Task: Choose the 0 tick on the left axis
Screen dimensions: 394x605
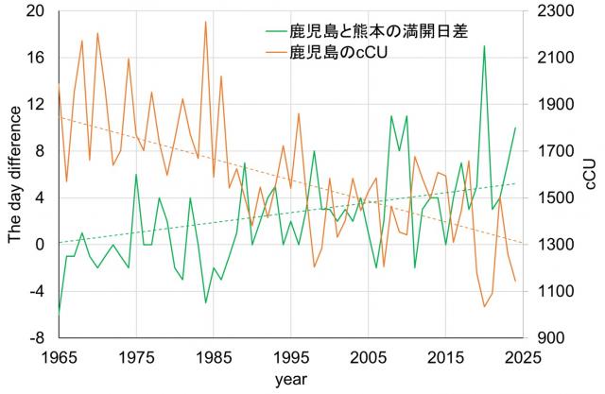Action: click(40, 244)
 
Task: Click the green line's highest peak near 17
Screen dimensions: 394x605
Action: click(484, 46)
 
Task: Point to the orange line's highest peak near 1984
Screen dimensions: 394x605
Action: click(205, 22)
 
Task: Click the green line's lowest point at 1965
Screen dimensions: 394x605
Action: click(59, 312)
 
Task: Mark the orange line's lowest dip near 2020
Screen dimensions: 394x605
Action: click(484, 306)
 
